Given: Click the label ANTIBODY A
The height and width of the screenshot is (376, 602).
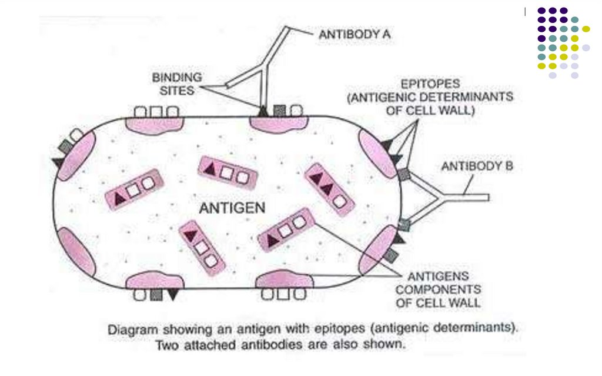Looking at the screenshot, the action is coord(354,35).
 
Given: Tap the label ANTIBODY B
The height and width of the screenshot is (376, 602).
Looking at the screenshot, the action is coord(477,167).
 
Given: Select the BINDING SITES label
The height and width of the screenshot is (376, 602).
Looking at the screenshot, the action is coord(177,84).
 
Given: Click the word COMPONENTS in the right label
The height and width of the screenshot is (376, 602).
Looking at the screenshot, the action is coord(438,290).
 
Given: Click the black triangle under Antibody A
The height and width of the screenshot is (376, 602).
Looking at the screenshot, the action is coord(262,111).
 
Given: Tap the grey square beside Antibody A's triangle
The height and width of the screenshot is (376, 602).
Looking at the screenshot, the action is coord(280,111).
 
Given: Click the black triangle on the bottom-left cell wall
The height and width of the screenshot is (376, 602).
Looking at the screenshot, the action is coord(172,295).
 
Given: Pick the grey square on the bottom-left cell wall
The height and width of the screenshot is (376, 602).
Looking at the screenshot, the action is coord(156,295).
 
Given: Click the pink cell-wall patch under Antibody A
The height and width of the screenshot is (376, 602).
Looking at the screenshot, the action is coord(278,123).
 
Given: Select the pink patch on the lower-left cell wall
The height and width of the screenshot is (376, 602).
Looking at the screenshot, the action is coord(76,252).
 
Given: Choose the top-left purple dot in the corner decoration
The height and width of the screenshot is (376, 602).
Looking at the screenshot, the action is coord(541,11).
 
